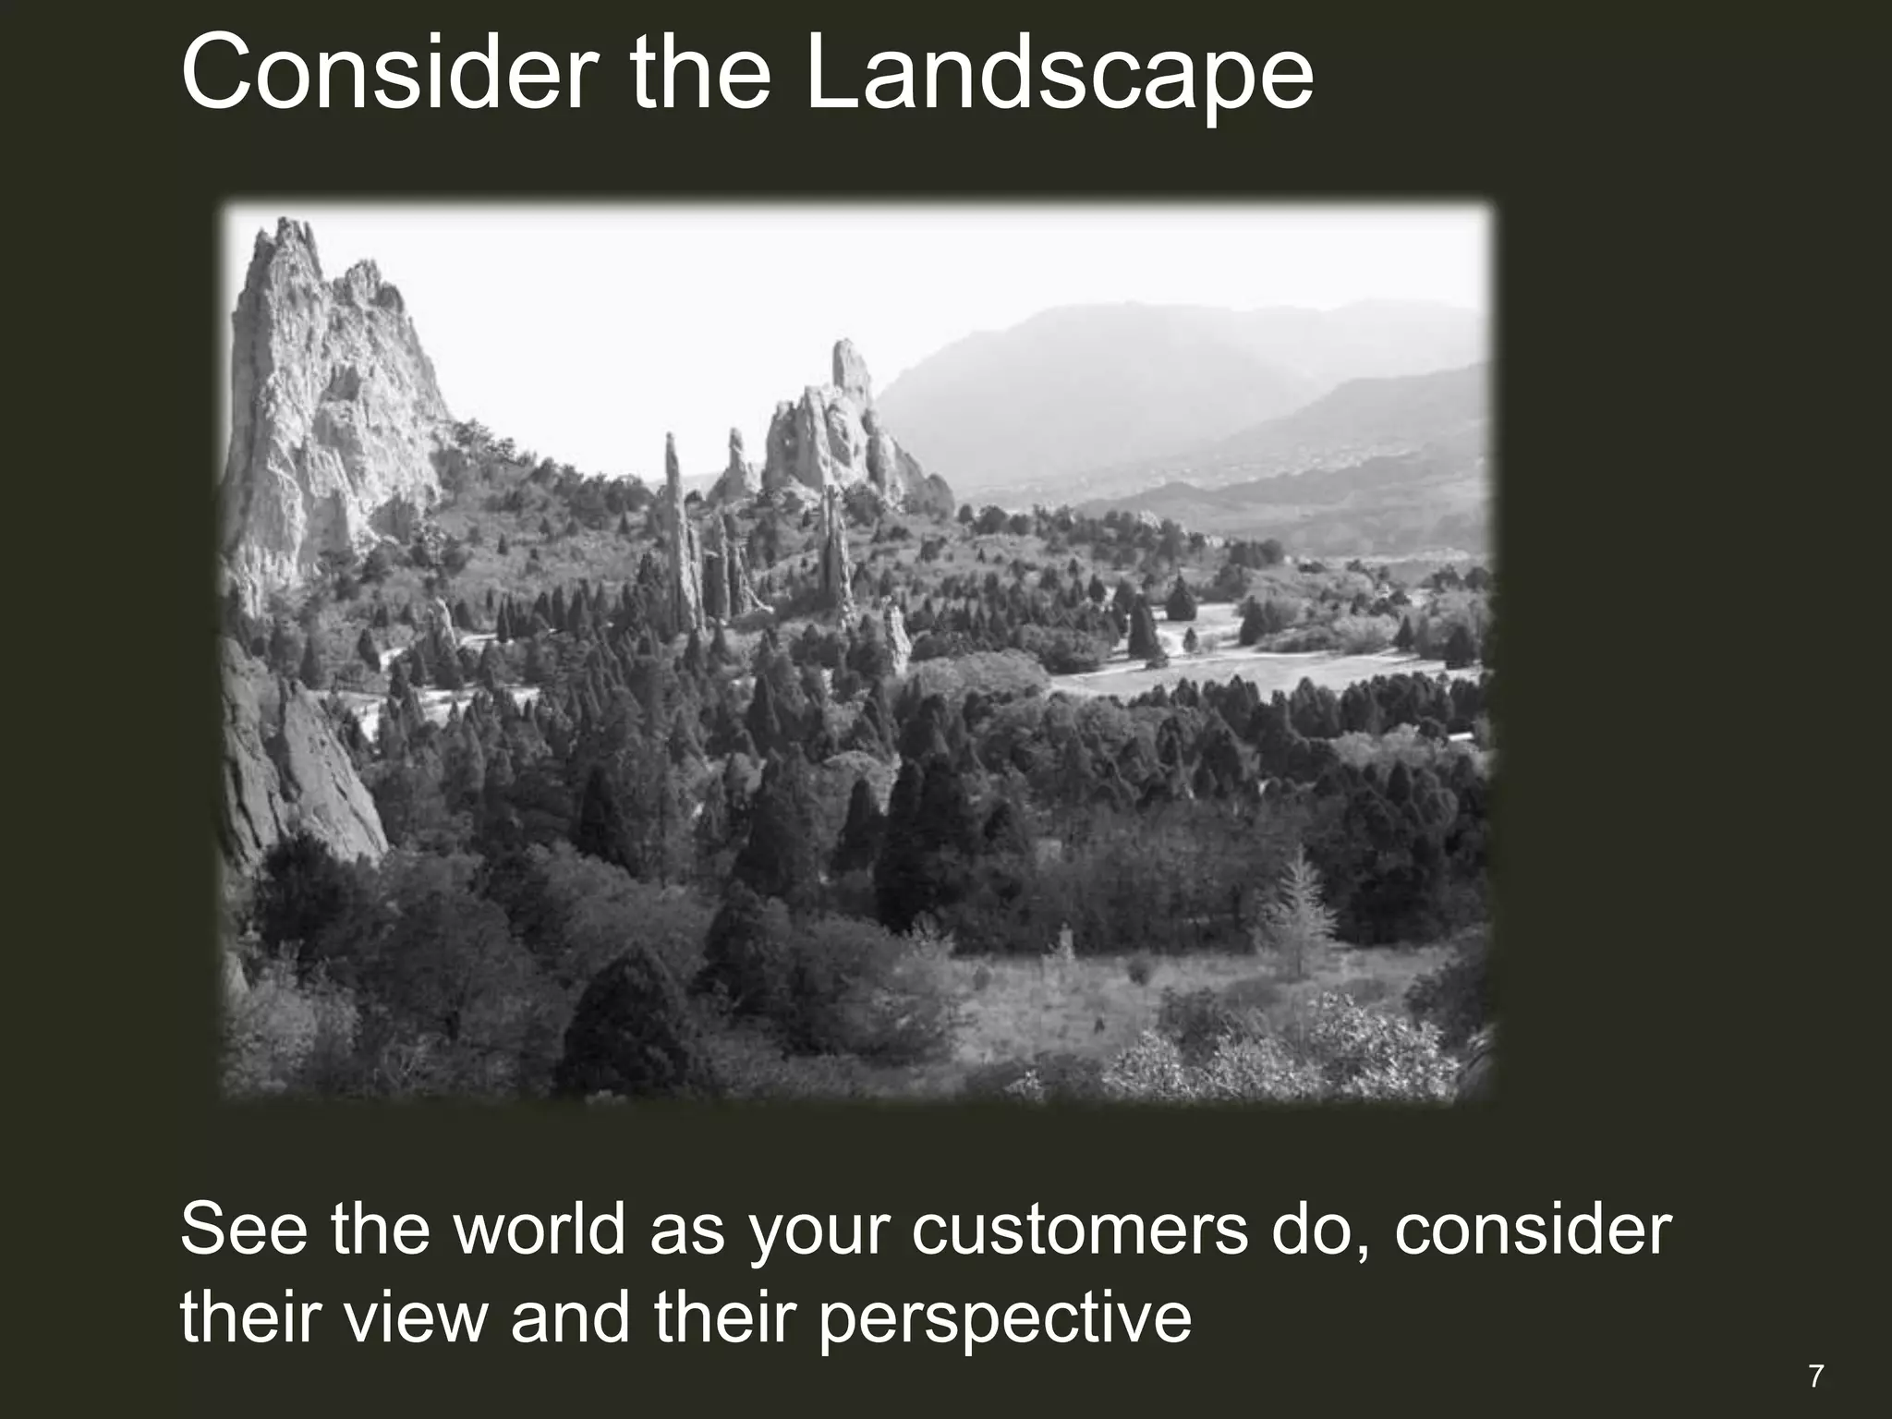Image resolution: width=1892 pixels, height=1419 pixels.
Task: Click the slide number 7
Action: (x=1816, y=1377)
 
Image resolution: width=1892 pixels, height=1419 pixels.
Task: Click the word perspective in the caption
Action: (x=1004, y=1319)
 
